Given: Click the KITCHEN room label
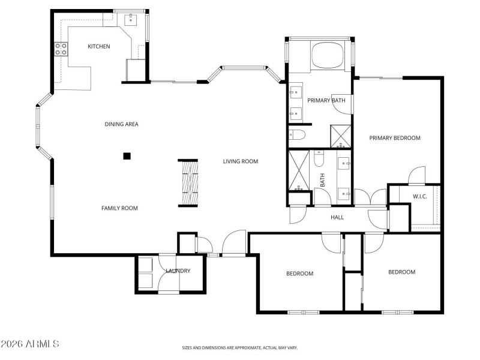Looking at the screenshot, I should (x=99, y=46).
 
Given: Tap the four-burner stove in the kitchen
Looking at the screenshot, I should (x=61, y=49).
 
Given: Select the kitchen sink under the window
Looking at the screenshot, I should (x=131, y=20).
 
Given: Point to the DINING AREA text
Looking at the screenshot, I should (x=122, y=124).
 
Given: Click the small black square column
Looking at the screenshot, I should (x=127, y=156).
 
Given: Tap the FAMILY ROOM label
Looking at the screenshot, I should (x=119, y=208).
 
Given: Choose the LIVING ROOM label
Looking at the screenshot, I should (x=240, y=161).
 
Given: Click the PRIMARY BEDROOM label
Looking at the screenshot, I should (x=395, y=138).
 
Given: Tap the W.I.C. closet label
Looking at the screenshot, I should (x=419, y=197).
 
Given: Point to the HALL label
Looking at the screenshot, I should (x=337, y=217).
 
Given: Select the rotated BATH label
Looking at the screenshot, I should (x=322, y=180).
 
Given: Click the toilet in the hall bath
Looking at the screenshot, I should (x=319, y=159).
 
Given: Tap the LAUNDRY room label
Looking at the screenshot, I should (x=178, y=271).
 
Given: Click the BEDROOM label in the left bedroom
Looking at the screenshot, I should (x=299, y=274).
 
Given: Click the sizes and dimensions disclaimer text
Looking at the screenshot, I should (x=240, y=347).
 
